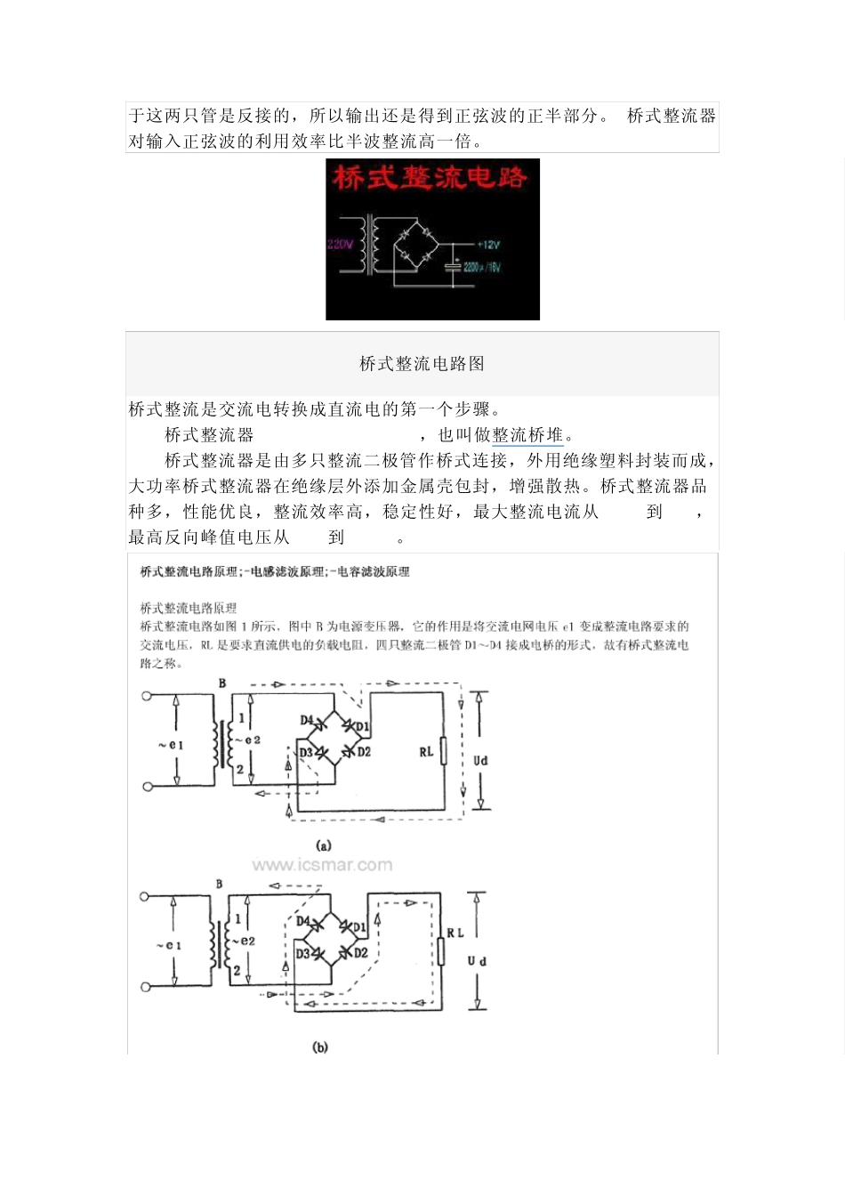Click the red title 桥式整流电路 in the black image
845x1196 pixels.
pos(431,178)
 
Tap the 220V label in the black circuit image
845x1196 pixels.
pos(340,244)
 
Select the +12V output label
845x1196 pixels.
pos(489,244)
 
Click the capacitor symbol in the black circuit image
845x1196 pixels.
pos(454,266)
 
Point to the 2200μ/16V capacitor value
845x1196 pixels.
pos(482,267)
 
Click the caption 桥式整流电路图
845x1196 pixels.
pos(422,363)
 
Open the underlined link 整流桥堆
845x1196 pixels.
pos(527,435)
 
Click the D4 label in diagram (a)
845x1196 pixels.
pos(307,720)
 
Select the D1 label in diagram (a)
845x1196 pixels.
pos(363,726)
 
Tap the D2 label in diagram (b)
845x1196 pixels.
pos(361,953)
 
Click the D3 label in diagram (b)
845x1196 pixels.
pos(302,953)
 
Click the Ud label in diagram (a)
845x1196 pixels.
pos(480,761)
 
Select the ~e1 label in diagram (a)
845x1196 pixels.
pos(170,745)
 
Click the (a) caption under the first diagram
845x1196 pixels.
pos(323,845)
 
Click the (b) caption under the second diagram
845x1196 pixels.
pos(320,1047)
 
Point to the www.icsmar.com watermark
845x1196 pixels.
pos(322,865)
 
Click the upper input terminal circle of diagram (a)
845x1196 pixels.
pos(147,696)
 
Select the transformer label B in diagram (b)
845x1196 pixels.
pos(220,885)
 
